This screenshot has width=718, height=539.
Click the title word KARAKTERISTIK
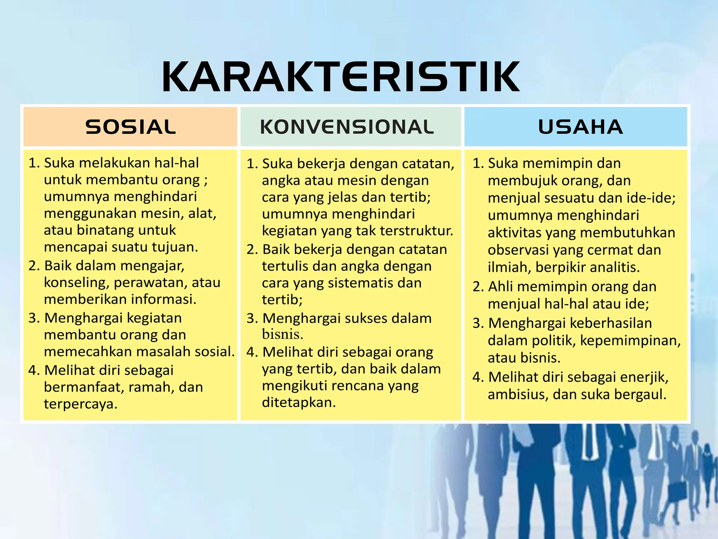pos(340,77)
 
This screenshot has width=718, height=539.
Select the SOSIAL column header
pos(130,127)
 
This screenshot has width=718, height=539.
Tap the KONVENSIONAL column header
pos(347,127)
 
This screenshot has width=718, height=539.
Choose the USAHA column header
pos(580,127)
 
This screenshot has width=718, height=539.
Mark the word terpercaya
pos(80,404)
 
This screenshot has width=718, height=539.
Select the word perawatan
pos(151,282)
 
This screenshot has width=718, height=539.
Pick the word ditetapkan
pos(299,402)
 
